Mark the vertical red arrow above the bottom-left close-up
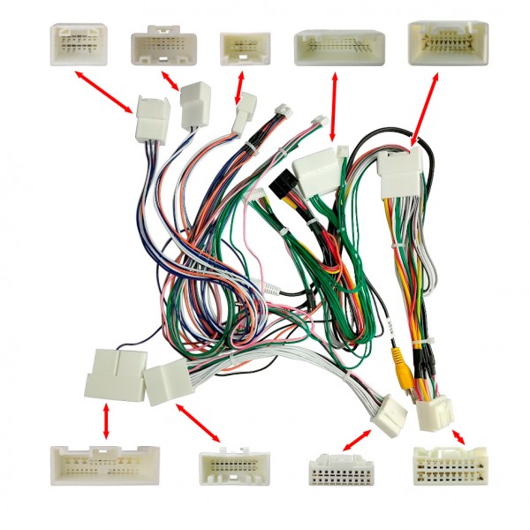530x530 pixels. click(x=107, y=422)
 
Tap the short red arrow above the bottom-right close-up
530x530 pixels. click(x=458, y=437)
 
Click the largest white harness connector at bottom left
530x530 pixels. click(x=115, y=374)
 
